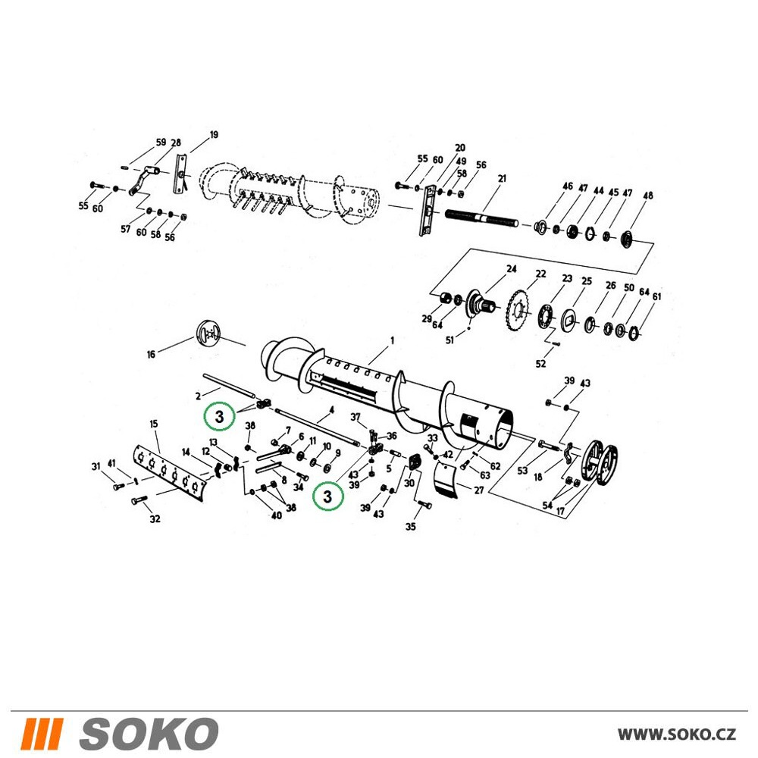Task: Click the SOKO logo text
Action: pyautogui.click(x=149, y=734)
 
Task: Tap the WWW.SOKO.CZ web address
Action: pyautogui.click(x=677, y=735)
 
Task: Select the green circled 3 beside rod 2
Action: pyautogui.click(x=220, y=416)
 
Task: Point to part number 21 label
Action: pyautogui.click(x=502, y=178)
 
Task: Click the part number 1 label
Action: pyautogui.click(x=392, y=340)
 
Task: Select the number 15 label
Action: pyautogui.click(x=154, y=424)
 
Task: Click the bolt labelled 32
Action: pyautogui.click(x=139, y=500)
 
